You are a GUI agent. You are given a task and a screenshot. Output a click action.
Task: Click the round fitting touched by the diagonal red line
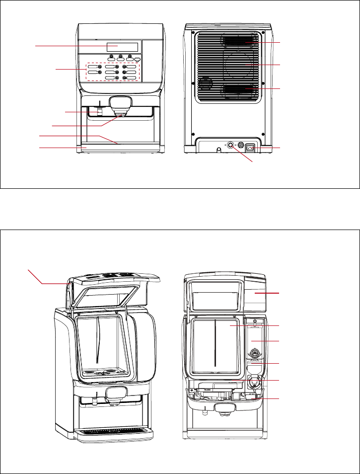tap(230, 146)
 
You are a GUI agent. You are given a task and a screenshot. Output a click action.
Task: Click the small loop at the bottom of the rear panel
tap(218, 149)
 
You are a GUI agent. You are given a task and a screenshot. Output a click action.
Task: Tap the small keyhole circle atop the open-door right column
tap(255, 321)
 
